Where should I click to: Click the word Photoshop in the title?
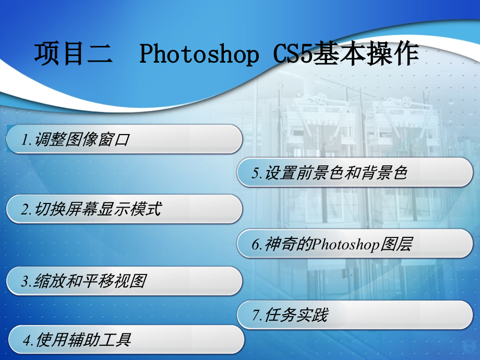click(x=199, y=54)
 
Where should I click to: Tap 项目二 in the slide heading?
click(x=73, y=54)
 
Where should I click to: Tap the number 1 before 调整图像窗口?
click(x=25, y=140)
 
